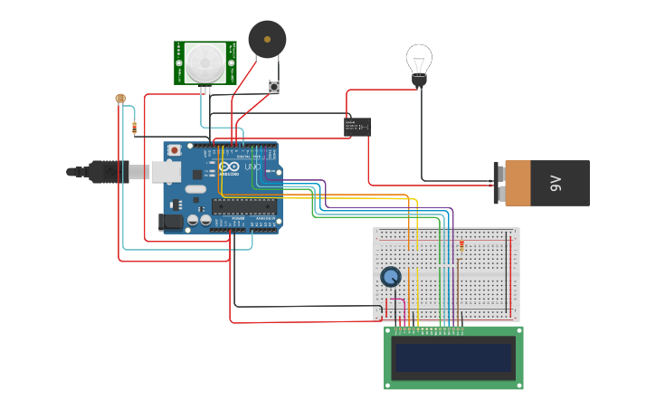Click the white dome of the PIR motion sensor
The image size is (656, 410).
click(205, 62)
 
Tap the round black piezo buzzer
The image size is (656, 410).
click(267, 39)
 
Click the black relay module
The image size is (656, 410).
click(357, 127)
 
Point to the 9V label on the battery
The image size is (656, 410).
click(556, 184)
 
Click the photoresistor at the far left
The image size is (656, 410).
click(120, 98)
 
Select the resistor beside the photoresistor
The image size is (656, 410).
click(134, 128)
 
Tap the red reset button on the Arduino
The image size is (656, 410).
click(174, 150)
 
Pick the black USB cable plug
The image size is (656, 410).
click(109, 171)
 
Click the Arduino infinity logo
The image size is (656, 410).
click(228, 167)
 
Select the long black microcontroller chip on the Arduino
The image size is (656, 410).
click(245, 205)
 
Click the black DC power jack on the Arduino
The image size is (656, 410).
click(170, 221)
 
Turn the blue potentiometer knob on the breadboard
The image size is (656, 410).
click(391, 277)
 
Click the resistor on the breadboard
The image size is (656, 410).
click(461, 245)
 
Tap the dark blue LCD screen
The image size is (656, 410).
click(452, 358)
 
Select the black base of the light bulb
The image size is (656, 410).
click(419, 81)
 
